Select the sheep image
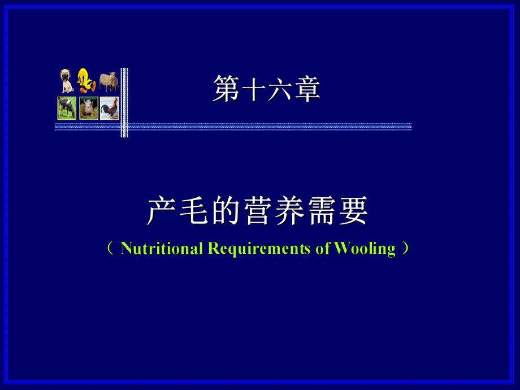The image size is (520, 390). click(109, 81)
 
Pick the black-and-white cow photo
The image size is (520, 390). click(67, 108)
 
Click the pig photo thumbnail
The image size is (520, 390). click(88, 108)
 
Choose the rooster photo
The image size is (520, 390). click(110, 108)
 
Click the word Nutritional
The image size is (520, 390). click(162, 249)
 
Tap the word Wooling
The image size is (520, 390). click(365, 249)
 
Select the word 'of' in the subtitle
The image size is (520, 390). click(323, 249)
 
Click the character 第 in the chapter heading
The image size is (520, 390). click(226, 90)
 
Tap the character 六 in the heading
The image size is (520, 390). click(280, 90)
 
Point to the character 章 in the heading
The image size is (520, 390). click(307, 90)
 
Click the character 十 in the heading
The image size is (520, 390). click(253, 90)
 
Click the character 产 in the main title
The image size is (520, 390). click(160, 211)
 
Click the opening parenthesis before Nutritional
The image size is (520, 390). click(110, 249)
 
